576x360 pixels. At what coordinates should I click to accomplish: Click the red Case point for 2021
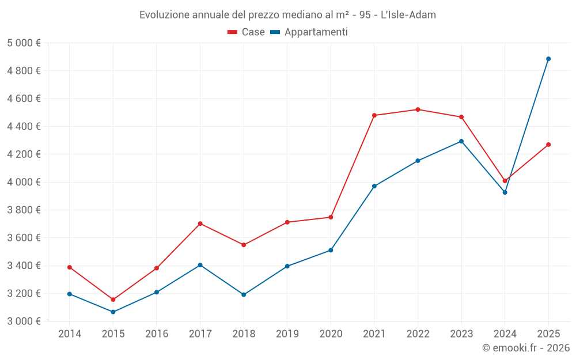(x=374, y=115)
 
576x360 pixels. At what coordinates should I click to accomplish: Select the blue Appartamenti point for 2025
(x=548, y=59)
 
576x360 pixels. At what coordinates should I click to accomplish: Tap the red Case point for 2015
(x=113, y=300)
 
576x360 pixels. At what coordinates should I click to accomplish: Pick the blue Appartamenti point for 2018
(x=244, y=294)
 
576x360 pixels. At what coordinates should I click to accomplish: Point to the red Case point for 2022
(x=418, y=109)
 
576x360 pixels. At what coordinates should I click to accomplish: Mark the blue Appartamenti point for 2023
(x=461, y=141)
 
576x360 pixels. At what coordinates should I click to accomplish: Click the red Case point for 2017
(x=200, y=223)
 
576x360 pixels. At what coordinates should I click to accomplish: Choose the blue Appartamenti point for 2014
(x=70, y=294)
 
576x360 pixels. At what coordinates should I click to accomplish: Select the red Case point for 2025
(x=548, y=145)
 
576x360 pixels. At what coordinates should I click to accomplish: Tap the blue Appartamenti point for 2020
(x=331, y=250)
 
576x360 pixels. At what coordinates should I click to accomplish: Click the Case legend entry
(x=247, y=32)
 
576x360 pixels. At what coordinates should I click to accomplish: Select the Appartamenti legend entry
(x=309, y=32)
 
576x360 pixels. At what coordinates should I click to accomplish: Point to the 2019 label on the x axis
(x=287, y=334)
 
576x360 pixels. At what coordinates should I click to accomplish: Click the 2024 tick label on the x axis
(x=505, y=334)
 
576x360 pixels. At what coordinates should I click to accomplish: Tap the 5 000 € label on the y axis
(x=24, y=43)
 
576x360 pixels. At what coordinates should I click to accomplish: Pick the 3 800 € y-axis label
(x=24, y=210)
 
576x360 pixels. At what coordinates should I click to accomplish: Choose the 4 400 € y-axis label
(x=24, y=126)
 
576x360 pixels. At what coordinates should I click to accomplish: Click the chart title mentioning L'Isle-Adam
(x=287, y=14)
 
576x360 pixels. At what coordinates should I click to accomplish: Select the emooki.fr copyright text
(x=525, y=348)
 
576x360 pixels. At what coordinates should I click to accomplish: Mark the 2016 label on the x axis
(x=157, y=334)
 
